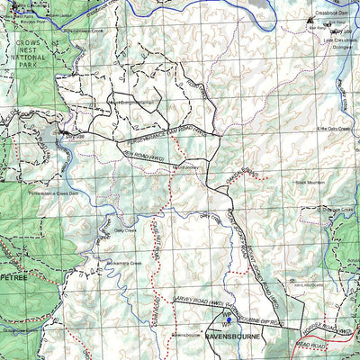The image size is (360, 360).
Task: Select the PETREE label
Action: coord(15,278)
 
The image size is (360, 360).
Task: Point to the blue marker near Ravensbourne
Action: coord(229,319)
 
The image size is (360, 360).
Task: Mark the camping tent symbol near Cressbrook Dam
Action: coord(310,19)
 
